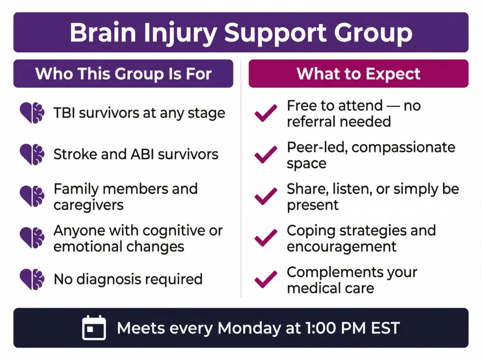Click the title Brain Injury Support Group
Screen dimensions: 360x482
(x=241, y=32)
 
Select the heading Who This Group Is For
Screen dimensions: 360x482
(x=123, y=74)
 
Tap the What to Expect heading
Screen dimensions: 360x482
(x=359, y=74)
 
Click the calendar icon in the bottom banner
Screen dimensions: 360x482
(x=94, y=328)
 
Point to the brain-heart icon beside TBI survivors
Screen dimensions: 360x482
(x=32, y=113)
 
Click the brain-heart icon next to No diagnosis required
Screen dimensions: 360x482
(x=32, y=279)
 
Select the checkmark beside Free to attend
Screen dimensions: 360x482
(x=266, y=114)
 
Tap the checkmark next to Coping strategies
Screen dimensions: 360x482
(x=266, y=239)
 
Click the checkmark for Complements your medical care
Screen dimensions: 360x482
(x=266, y=280)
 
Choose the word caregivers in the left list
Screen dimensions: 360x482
(x=88, y=205)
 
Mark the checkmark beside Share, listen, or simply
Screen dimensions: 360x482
(x=266, y=197)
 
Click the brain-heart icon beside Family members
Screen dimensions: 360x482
(x=32, y=196)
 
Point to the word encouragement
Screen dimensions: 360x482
(x=342, y=247)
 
